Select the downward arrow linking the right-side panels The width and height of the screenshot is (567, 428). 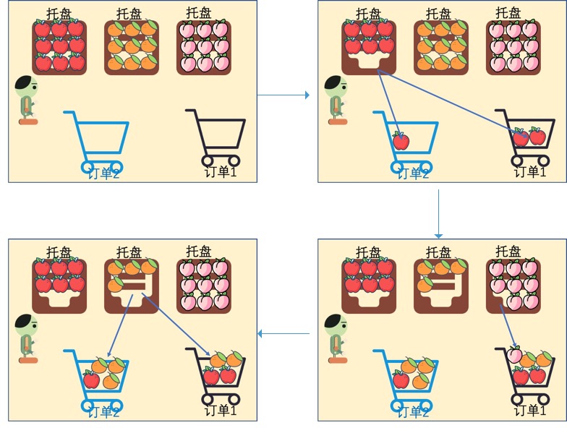[438, 213]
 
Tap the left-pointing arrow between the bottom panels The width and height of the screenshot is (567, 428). [284, 333]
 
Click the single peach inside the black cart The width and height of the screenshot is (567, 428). [513, 356]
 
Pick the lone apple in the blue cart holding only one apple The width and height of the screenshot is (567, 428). [400, 140]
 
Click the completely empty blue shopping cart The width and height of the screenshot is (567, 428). [98, 137]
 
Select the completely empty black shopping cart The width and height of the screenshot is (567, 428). [216, 137]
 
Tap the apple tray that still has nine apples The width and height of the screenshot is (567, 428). [59, 47]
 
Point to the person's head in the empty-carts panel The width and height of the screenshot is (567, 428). [26, 86]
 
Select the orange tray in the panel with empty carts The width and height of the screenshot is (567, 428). [131, 47]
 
